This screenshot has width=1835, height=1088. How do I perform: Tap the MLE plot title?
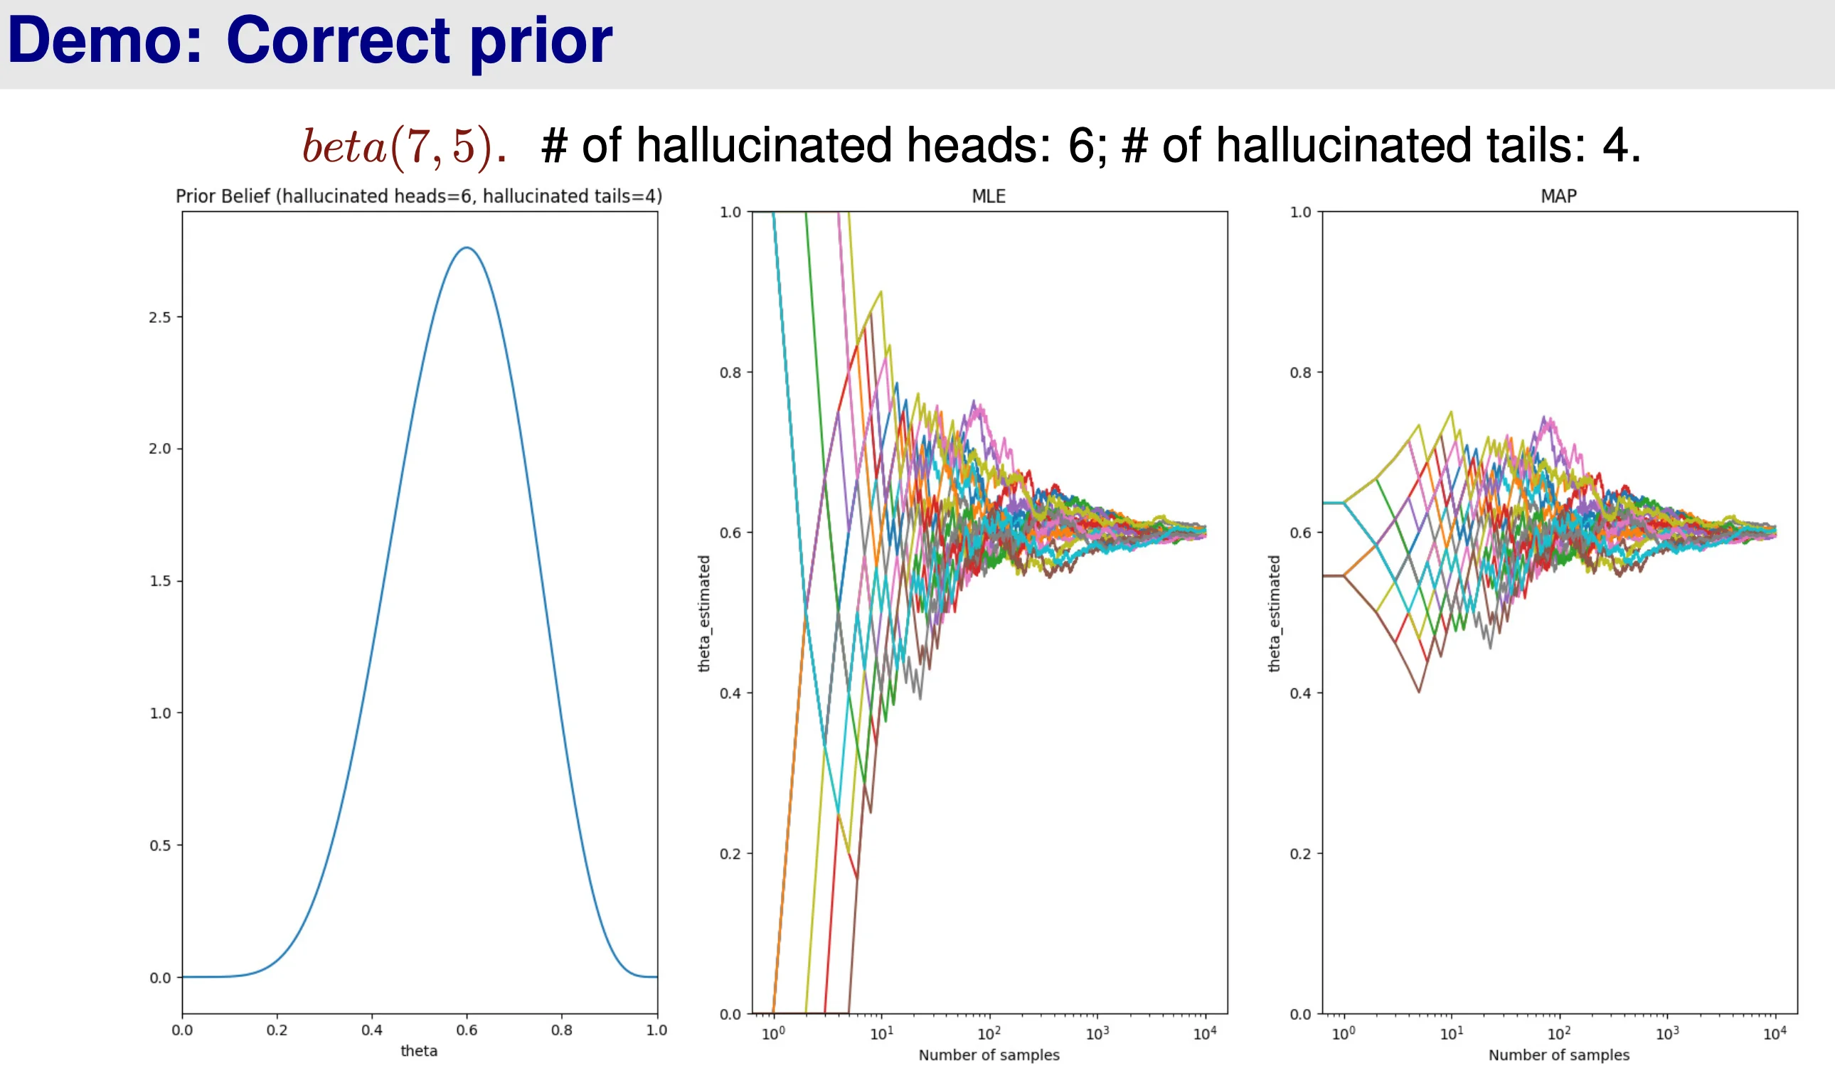coord(988,196)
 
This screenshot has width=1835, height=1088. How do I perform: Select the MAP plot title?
coord(1558,196)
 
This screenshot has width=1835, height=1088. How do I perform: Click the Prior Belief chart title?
coord(419,196)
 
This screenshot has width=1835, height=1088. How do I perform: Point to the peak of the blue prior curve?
coord(467,247)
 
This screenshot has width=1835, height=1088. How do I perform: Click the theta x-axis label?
coord(419,1050)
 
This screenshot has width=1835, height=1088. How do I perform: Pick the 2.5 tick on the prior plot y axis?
coord(160,317)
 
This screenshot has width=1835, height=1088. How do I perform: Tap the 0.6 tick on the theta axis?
coord(467,1030)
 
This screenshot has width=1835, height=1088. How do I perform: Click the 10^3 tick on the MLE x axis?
coord(1097,1034)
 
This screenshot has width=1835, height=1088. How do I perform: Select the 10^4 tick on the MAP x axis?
coord(1774,1034)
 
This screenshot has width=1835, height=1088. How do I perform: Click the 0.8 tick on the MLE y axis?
coord(730,373)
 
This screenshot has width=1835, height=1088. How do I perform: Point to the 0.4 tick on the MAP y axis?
coord(1301,693)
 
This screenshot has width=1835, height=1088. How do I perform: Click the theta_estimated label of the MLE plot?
coord(704,613)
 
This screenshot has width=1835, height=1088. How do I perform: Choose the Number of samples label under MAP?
coord(1558,1055)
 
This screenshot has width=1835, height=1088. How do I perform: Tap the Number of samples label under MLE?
coord(989,1055)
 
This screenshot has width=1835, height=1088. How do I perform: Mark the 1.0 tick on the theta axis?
coord(656,1030)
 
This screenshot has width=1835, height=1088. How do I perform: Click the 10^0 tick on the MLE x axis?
coord(773,1034)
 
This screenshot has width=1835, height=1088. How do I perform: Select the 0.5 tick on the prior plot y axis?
coord(160,846)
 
